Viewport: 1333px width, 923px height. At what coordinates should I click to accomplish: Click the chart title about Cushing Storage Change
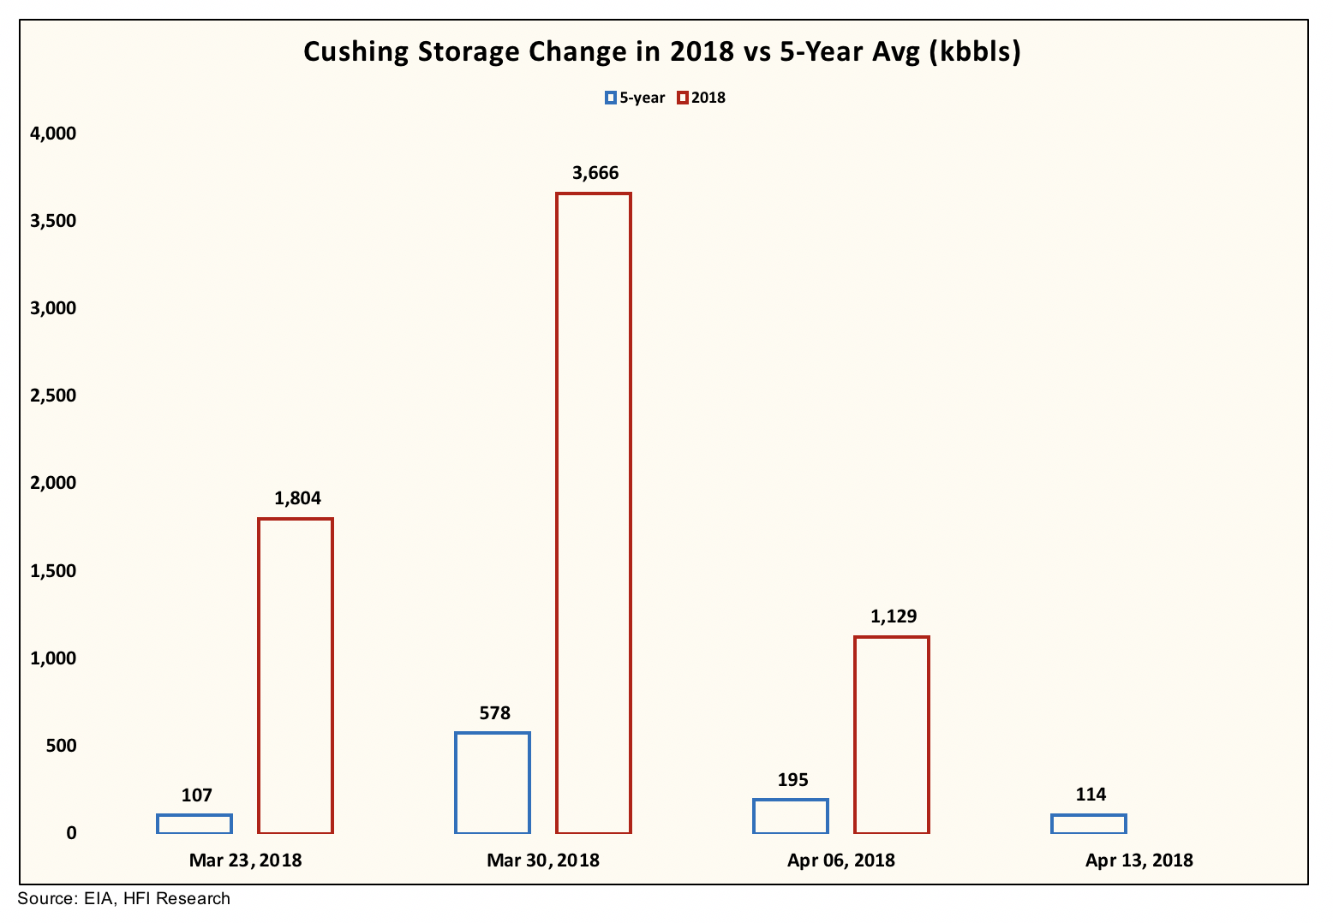coord(662,52)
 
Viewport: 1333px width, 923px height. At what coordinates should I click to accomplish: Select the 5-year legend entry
coord(635,98)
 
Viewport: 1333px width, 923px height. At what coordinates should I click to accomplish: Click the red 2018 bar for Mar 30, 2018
coord(594,513)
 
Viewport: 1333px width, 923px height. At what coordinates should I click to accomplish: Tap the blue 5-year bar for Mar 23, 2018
coord(194,824)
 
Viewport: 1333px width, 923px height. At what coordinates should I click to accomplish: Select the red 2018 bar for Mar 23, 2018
coord(296,676)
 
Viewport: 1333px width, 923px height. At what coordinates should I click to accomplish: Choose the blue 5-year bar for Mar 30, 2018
coord(493,783)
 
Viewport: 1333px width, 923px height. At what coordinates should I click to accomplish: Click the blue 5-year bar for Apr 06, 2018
coord(791,816)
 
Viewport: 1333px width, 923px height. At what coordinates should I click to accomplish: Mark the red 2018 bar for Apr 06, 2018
coord(892,735)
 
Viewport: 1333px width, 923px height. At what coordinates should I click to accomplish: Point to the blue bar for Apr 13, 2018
coord(1089,824)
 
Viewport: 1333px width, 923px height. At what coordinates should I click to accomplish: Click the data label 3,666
coord(595,174)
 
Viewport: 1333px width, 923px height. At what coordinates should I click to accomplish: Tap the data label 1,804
coord(297,498)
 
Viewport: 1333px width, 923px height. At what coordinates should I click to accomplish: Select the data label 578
coord(494,712)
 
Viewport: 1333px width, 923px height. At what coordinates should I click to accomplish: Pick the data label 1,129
coord(893,616)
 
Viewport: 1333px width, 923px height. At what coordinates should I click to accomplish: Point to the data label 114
coord(1090,795)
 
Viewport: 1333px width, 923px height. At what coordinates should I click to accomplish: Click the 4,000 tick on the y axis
coord(53,134)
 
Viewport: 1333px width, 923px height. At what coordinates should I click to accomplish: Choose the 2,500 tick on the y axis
coord(53,396)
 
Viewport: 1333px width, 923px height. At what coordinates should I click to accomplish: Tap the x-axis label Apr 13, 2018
coord(1139,860)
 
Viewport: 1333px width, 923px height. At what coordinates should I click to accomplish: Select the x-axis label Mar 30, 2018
coord(543,860)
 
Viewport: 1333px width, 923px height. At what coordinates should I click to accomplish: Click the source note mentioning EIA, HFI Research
coord(124,899)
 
